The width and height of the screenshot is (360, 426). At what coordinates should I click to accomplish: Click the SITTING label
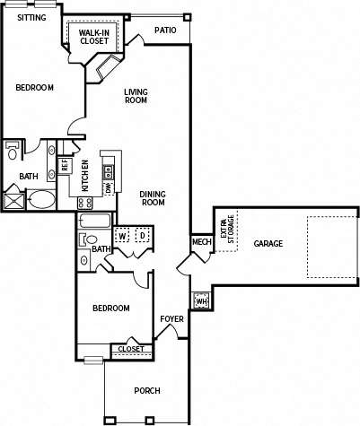(32, 16)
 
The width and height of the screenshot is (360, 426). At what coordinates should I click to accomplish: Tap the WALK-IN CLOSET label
(94, 37)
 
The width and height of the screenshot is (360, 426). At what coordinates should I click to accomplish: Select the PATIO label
(164, 30)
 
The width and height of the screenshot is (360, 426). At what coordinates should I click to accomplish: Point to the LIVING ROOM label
(136, 96)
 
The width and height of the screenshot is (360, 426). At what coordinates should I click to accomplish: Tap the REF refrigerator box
(65, 166)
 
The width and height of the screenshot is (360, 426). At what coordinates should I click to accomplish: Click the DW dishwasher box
(108, 188)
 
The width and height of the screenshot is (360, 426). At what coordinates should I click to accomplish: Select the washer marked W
(121, 235)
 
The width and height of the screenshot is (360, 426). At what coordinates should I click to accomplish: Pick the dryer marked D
(141, 235)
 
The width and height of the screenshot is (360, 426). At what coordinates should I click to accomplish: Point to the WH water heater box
(200, 301)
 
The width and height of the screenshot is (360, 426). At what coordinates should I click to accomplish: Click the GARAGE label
(268, 243)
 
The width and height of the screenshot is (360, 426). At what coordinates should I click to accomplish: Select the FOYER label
(171, 319)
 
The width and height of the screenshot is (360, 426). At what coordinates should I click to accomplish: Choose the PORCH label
(147, 390)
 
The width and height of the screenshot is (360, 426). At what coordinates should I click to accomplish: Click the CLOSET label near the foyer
(130, 349)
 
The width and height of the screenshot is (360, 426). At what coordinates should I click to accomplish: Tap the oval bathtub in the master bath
(40, 198)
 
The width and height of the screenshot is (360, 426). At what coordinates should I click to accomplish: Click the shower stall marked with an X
(13, 197)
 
